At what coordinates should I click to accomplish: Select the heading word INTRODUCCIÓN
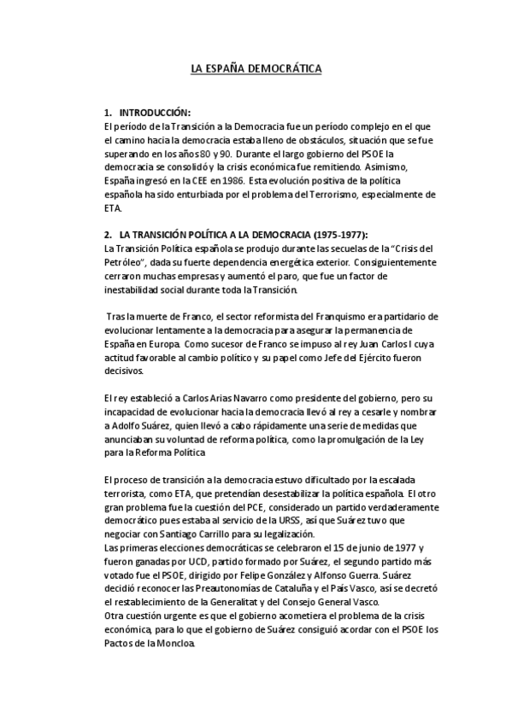pos(155,113)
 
